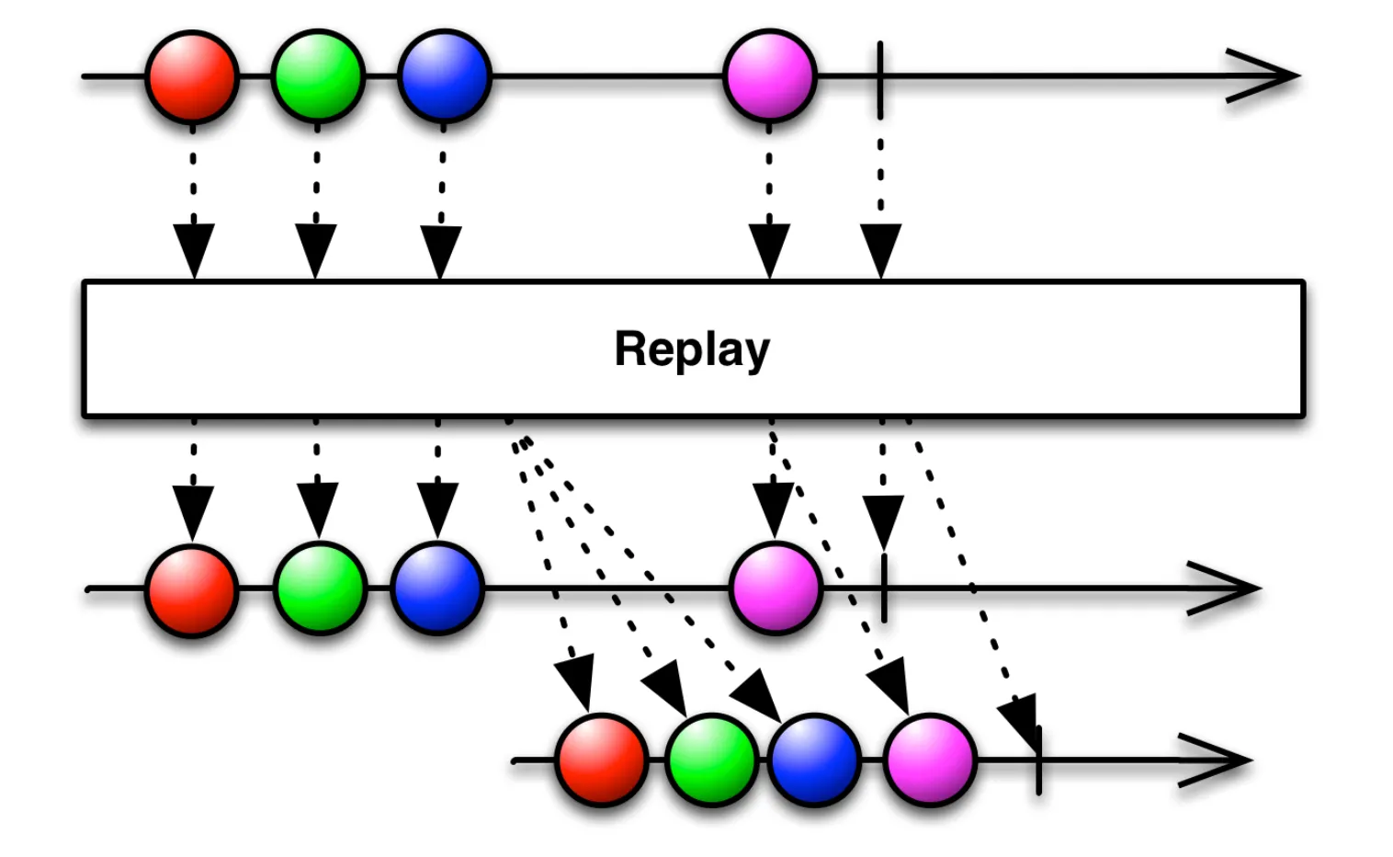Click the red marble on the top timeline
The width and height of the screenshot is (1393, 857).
192,76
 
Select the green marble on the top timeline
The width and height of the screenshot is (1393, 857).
318,76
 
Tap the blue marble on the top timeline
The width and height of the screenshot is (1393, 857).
444,76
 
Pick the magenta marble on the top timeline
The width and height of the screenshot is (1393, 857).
769,76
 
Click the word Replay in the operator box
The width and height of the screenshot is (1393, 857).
692,349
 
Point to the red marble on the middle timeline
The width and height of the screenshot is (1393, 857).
192,589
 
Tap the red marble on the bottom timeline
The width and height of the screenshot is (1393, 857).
602,760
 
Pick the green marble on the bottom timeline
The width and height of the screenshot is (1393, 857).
711,760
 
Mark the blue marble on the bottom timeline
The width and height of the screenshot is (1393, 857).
814,760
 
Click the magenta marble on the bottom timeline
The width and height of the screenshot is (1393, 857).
930,760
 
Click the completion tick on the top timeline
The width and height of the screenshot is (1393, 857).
880,79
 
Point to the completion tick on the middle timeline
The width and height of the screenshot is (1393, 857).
884,588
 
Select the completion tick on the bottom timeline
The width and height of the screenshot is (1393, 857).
1038,760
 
